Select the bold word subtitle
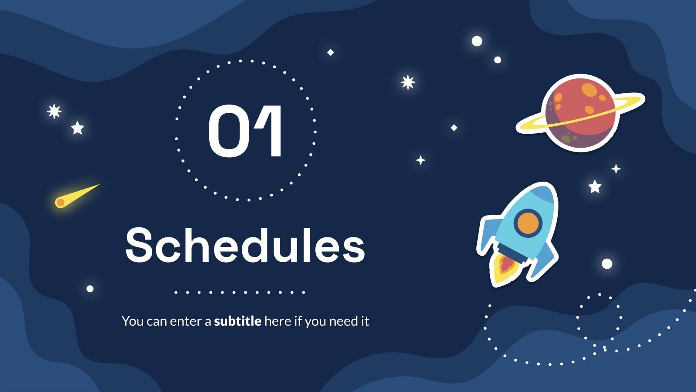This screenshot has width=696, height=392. [238, 321]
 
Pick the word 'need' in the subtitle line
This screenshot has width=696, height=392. [342, 321]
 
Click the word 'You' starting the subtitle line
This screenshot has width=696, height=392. [132, 321]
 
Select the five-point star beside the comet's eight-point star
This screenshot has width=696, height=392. [77, 128]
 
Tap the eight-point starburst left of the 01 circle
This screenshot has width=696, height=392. [54, 112]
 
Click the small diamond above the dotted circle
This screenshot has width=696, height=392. [331, 52]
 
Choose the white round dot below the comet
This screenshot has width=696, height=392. [90, 289]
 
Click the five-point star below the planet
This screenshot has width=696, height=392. [595, 186]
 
